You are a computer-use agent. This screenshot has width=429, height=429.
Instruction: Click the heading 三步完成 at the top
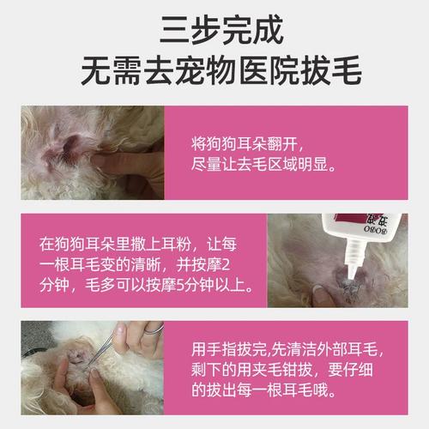pos(214,31)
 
